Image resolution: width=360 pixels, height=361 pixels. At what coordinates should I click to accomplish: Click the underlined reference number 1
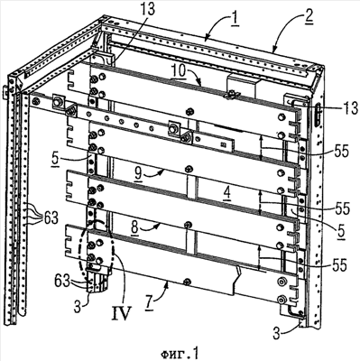coord(234,20)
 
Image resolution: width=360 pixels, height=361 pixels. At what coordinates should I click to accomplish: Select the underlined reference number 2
coord(309,17)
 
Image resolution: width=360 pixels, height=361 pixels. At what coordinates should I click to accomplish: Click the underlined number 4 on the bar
coord(226,192)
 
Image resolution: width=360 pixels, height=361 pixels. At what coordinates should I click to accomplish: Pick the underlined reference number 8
coord(135,228)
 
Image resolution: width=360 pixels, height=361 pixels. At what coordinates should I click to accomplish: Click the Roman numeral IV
coord(122,312)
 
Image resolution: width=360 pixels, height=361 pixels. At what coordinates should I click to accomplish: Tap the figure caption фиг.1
coord(180,352)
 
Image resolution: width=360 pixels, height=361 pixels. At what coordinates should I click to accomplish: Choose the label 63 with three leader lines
coord(49,218)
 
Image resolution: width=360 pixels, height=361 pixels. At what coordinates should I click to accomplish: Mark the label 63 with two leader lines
coord(63,281)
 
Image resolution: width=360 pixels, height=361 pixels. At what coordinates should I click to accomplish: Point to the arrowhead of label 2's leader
coord(273,51)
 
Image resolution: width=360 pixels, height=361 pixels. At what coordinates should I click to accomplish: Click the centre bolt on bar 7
coord(187,281)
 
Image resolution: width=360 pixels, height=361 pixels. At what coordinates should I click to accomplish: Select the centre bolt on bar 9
coord(189,168)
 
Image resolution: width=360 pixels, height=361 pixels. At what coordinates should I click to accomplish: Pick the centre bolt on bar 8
coord(189,224)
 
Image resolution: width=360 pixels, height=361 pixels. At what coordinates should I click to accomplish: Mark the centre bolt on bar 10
coord(189,112)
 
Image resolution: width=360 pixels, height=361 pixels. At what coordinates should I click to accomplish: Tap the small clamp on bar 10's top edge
coord(229,95)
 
